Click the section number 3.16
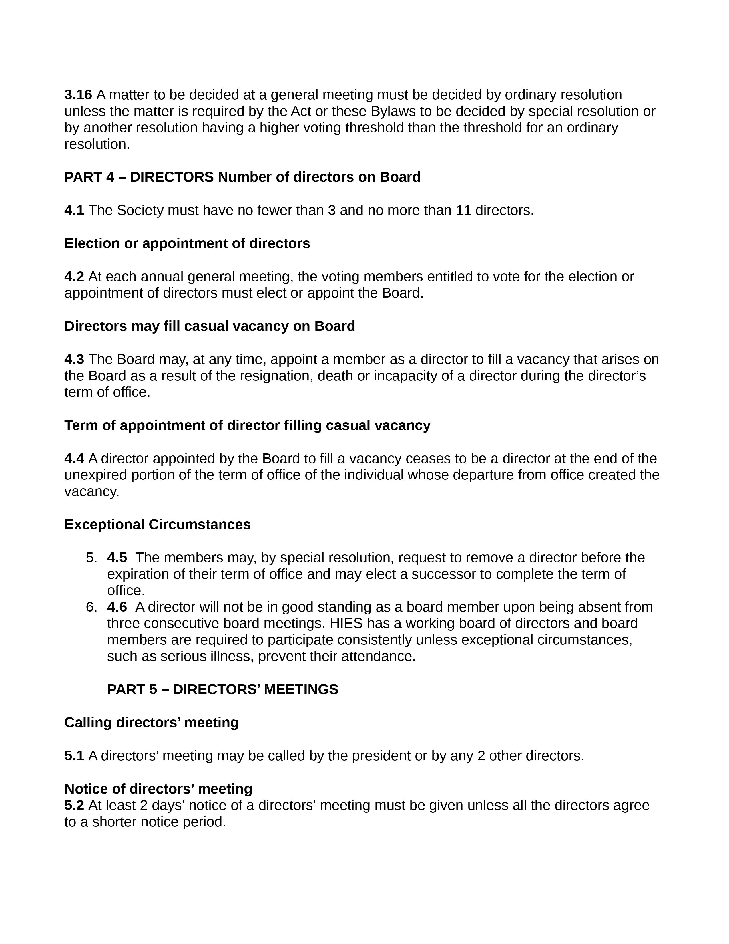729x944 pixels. [78, 95]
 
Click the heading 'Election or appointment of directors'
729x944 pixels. [187, 243]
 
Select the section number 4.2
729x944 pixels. [74, 277]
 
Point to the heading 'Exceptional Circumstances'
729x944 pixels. [157, 524]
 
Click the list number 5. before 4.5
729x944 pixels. [91, 558]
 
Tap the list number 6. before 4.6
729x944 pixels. [91, 607]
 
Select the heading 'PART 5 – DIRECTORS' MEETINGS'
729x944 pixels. [222, 689]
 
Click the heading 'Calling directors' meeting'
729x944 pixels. [151, 722]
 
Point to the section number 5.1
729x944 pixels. [74, 755]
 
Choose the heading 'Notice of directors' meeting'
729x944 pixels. [158, 789]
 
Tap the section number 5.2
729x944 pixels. [74, 805]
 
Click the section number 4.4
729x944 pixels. [74, 458]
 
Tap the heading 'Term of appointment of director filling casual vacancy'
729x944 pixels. [247, 425]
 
